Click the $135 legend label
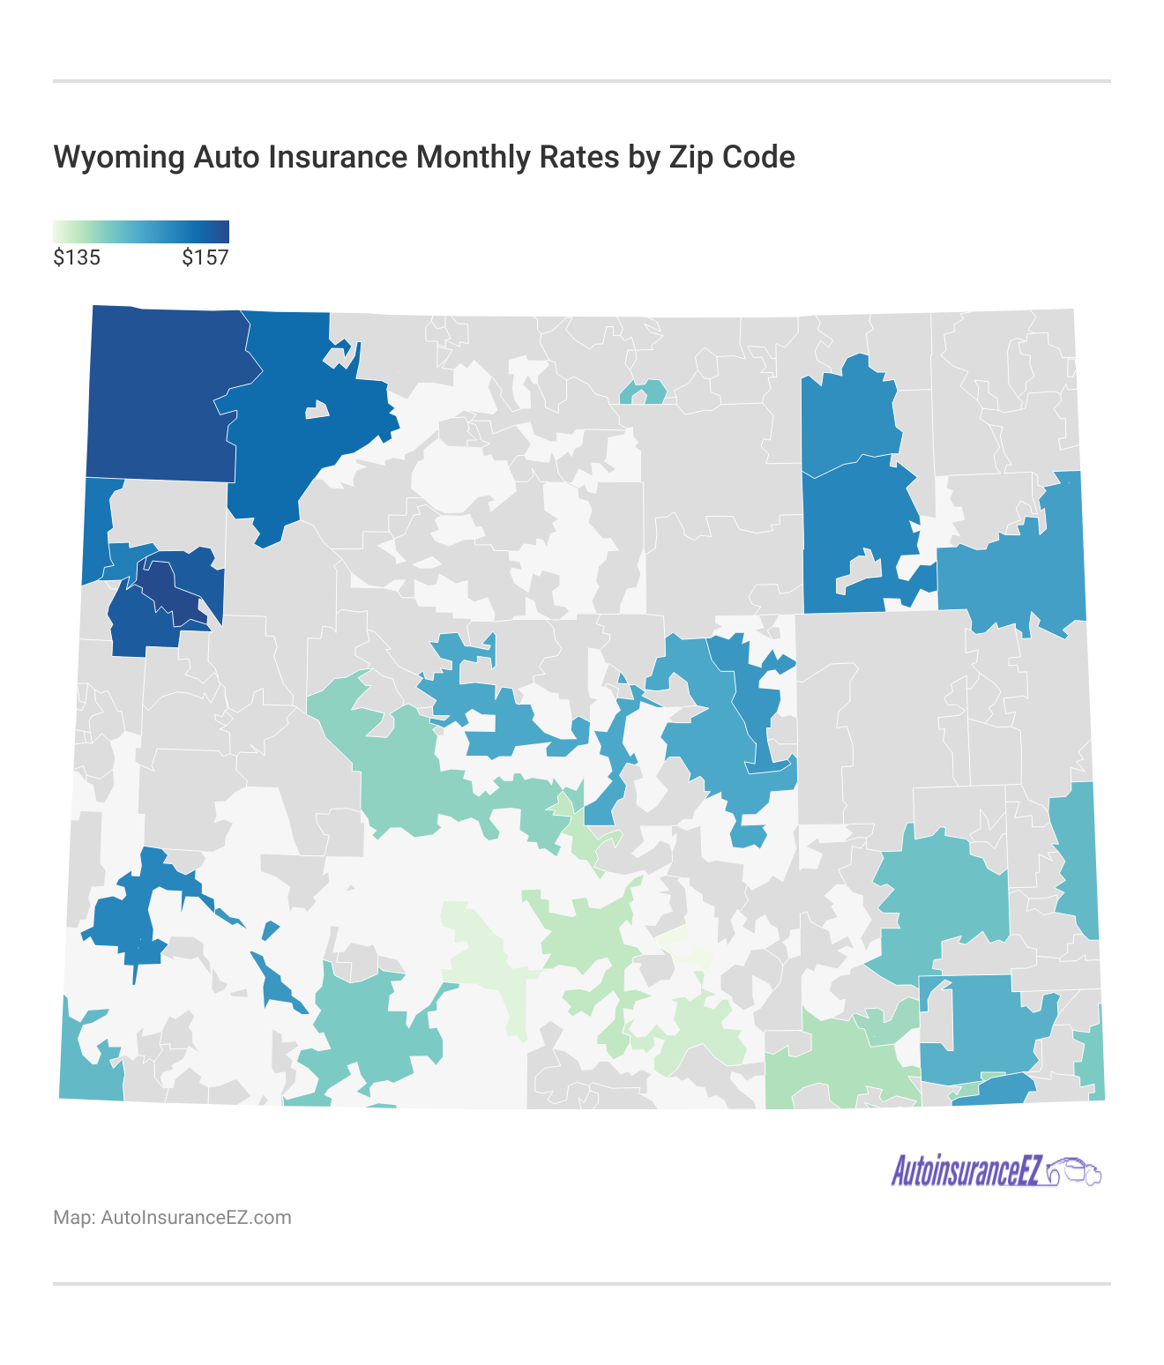(77, 257)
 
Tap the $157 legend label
(205, 257)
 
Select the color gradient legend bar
(141, 231)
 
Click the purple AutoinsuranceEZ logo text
(966, 1172)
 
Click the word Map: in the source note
(74, 1218)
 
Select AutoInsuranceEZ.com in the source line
(196, 1218)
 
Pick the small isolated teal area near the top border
(642, 392)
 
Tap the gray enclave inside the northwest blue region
(316, 410)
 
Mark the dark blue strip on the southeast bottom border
(996, 1090)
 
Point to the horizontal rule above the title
(582, 81)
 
